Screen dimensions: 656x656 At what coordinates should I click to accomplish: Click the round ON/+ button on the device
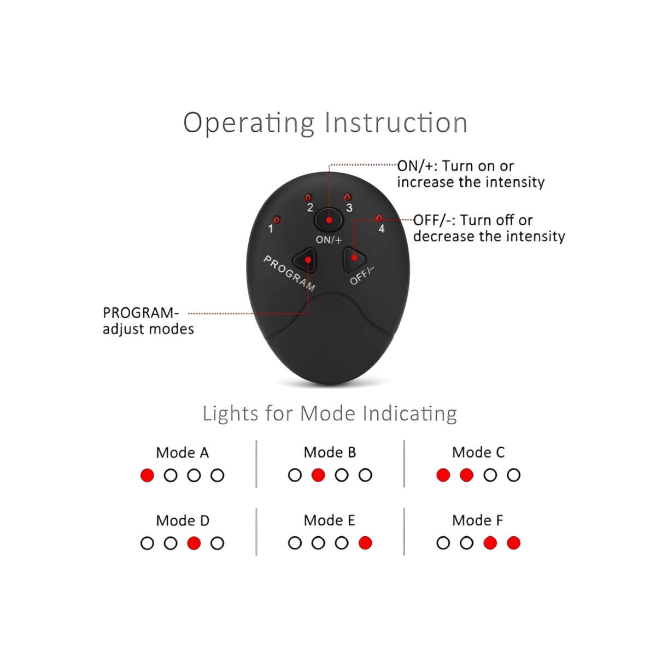click(x=329, y=220)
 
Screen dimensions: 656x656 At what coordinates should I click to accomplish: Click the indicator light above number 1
click(x=277, y=220)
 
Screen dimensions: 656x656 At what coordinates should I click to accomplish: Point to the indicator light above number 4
click(x=379, y=218)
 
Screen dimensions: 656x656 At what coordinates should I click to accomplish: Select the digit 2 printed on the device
click(x=310, y=207)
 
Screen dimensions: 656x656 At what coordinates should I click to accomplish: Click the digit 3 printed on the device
click(x=349, y=208)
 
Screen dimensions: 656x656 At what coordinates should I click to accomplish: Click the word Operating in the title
click(x=249, y=123)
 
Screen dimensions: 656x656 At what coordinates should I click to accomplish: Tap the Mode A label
click(x=183, y=453)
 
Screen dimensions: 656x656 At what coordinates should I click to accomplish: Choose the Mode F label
click(x=477, y=520)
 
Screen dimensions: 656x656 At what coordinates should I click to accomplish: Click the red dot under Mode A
click(x=147, y=475)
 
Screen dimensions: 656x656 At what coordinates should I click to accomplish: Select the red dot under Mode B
click(x=318, y=475)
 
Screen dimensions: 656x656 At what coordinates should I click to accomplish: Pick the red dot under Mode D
click(x=194, y=543)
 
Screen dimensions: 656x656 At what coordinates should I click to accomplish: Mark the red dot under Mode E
click(x=365, y=543)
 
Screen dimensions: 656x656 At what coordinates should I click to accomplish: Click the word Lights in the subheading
click(x=231, y=414)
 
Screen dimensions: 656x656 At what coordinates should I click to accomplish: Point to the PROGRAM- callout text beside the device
click(x=140, y=313)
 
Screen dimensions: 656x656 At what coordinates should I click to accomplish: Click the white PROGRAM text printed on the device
click(x=289, y=273)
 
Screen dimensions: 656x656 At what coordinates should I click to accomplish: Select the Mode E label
click(x=329, y=520)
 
